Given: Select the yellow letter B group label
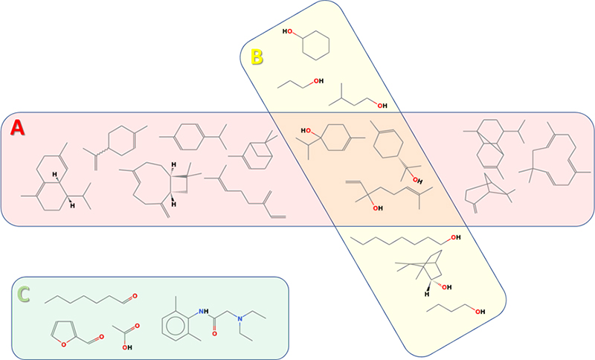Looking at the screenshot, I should click(257, 57).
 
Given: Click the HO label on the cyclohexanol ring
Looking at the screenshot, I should click(289, 32).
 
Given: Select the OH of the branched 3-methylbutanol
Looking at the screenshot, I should click(382, 106).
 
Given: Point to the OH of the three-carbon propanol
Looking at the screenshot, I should click(318, 81).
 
